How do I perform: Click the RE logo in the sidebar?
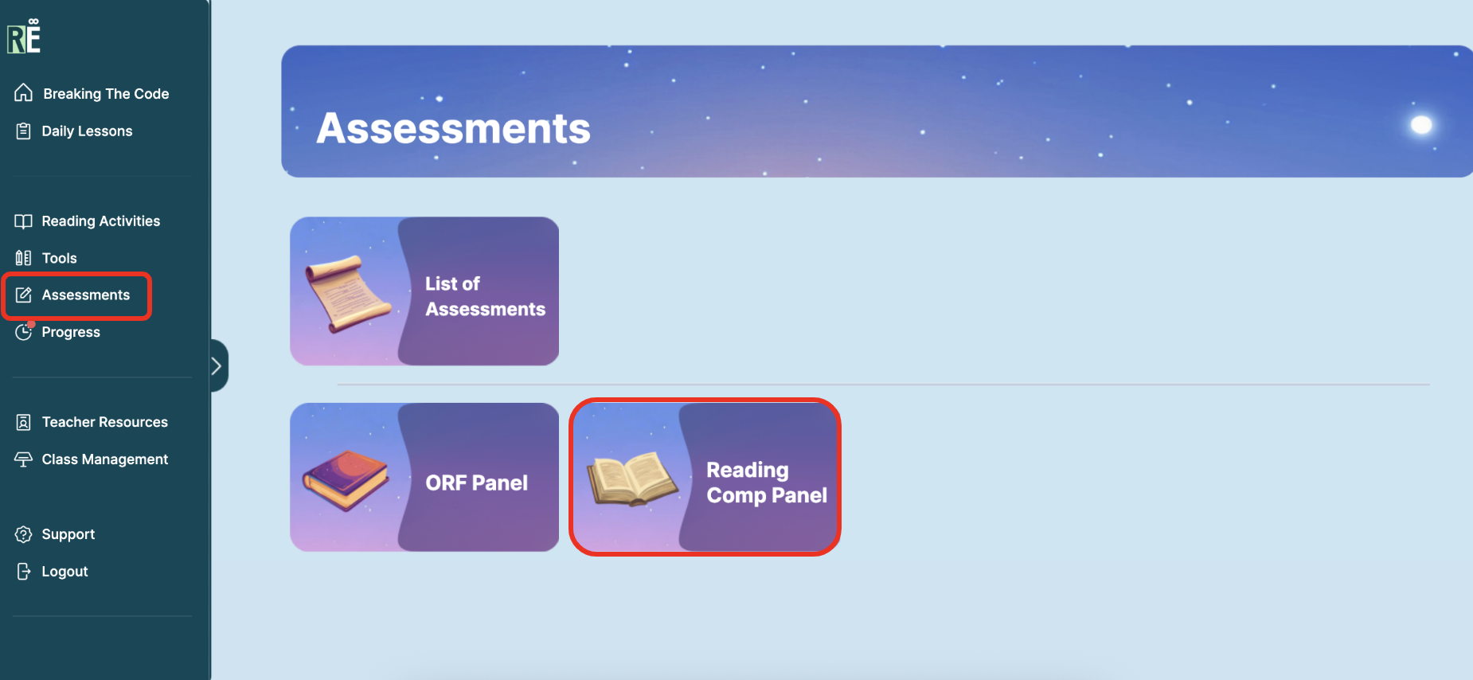[24, 37]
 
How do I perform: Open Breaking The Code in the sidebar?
[92, 93]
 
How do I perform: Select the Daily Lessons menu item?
[74, 131]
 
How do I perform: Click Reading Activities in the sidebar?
[88, 221]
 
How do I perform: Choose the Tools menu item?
[46, 258]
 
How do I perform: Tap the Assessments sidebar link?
[73, 295]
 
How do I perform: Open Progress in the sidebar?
[58, 332]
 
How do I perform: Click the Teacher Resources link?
[92, 422]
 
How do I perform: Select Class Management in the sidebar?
[92, 459]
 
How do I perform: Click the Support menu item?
[55, 534]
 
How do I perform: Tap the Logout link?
[52, 572]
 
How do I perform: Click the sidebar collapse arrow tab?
[218, 365]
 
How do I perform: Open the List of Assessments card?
[424, 291]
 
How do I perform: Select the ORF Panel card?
[424, 477]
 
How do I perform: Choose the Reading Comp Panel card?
[705, 477]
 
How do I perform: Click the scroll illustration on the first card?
[348, 293]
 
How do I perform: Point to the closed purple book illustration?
[346, 479]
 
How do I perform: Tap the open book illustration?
[632, 479]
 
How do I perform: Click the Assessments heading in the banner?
[453, 128]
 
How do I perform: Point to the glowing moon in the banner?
[1421, 125]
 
